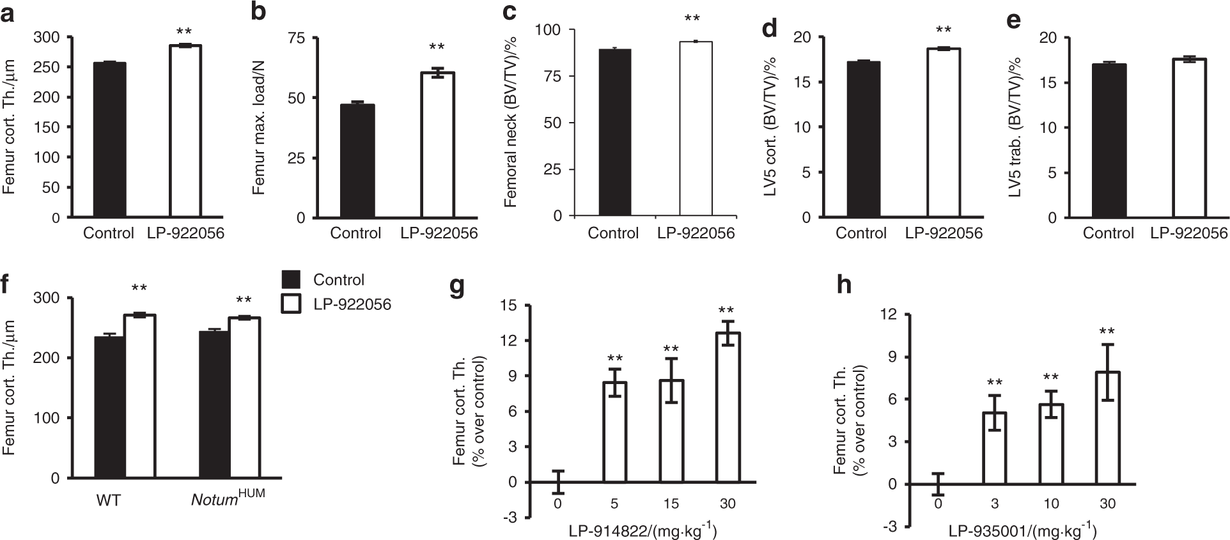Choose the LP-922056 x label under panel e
[x=1188, y=233]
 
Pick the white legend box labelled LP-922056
[x=291, y=304]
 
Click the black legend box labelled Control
[x=291, y=280]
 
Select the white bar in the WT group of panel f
[x=139, y=396]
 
